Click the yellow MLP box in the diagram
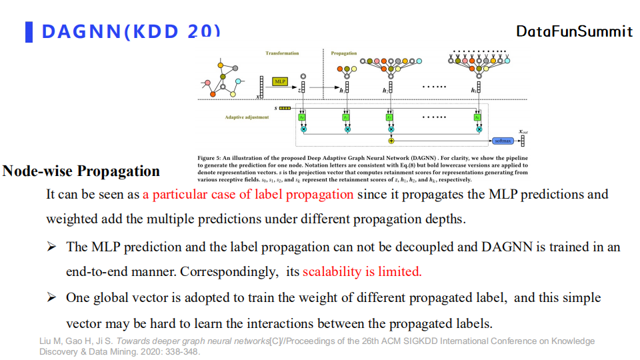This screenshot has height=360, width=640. coord(280,81)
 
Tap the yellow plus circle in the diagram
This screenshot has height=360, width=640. coord(391,141)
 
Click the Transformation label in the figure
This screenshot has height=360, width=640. coord(282,53)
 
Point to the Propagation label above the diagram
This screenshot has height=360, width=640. coord(344,53)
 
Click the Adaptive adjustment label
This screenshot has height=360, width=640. coord(247,117)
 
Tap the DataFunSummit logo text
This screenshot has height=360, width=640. coord(574,31)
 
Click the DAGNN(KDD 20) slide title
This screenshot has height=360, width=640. coord(131,31)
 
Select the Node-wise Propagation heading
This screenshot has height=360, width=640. coord(81,171)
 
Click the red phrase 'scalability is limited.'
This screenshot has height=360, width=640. coord(362,272)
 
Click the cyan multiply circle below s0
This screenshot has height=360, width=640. coord(303,129)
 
